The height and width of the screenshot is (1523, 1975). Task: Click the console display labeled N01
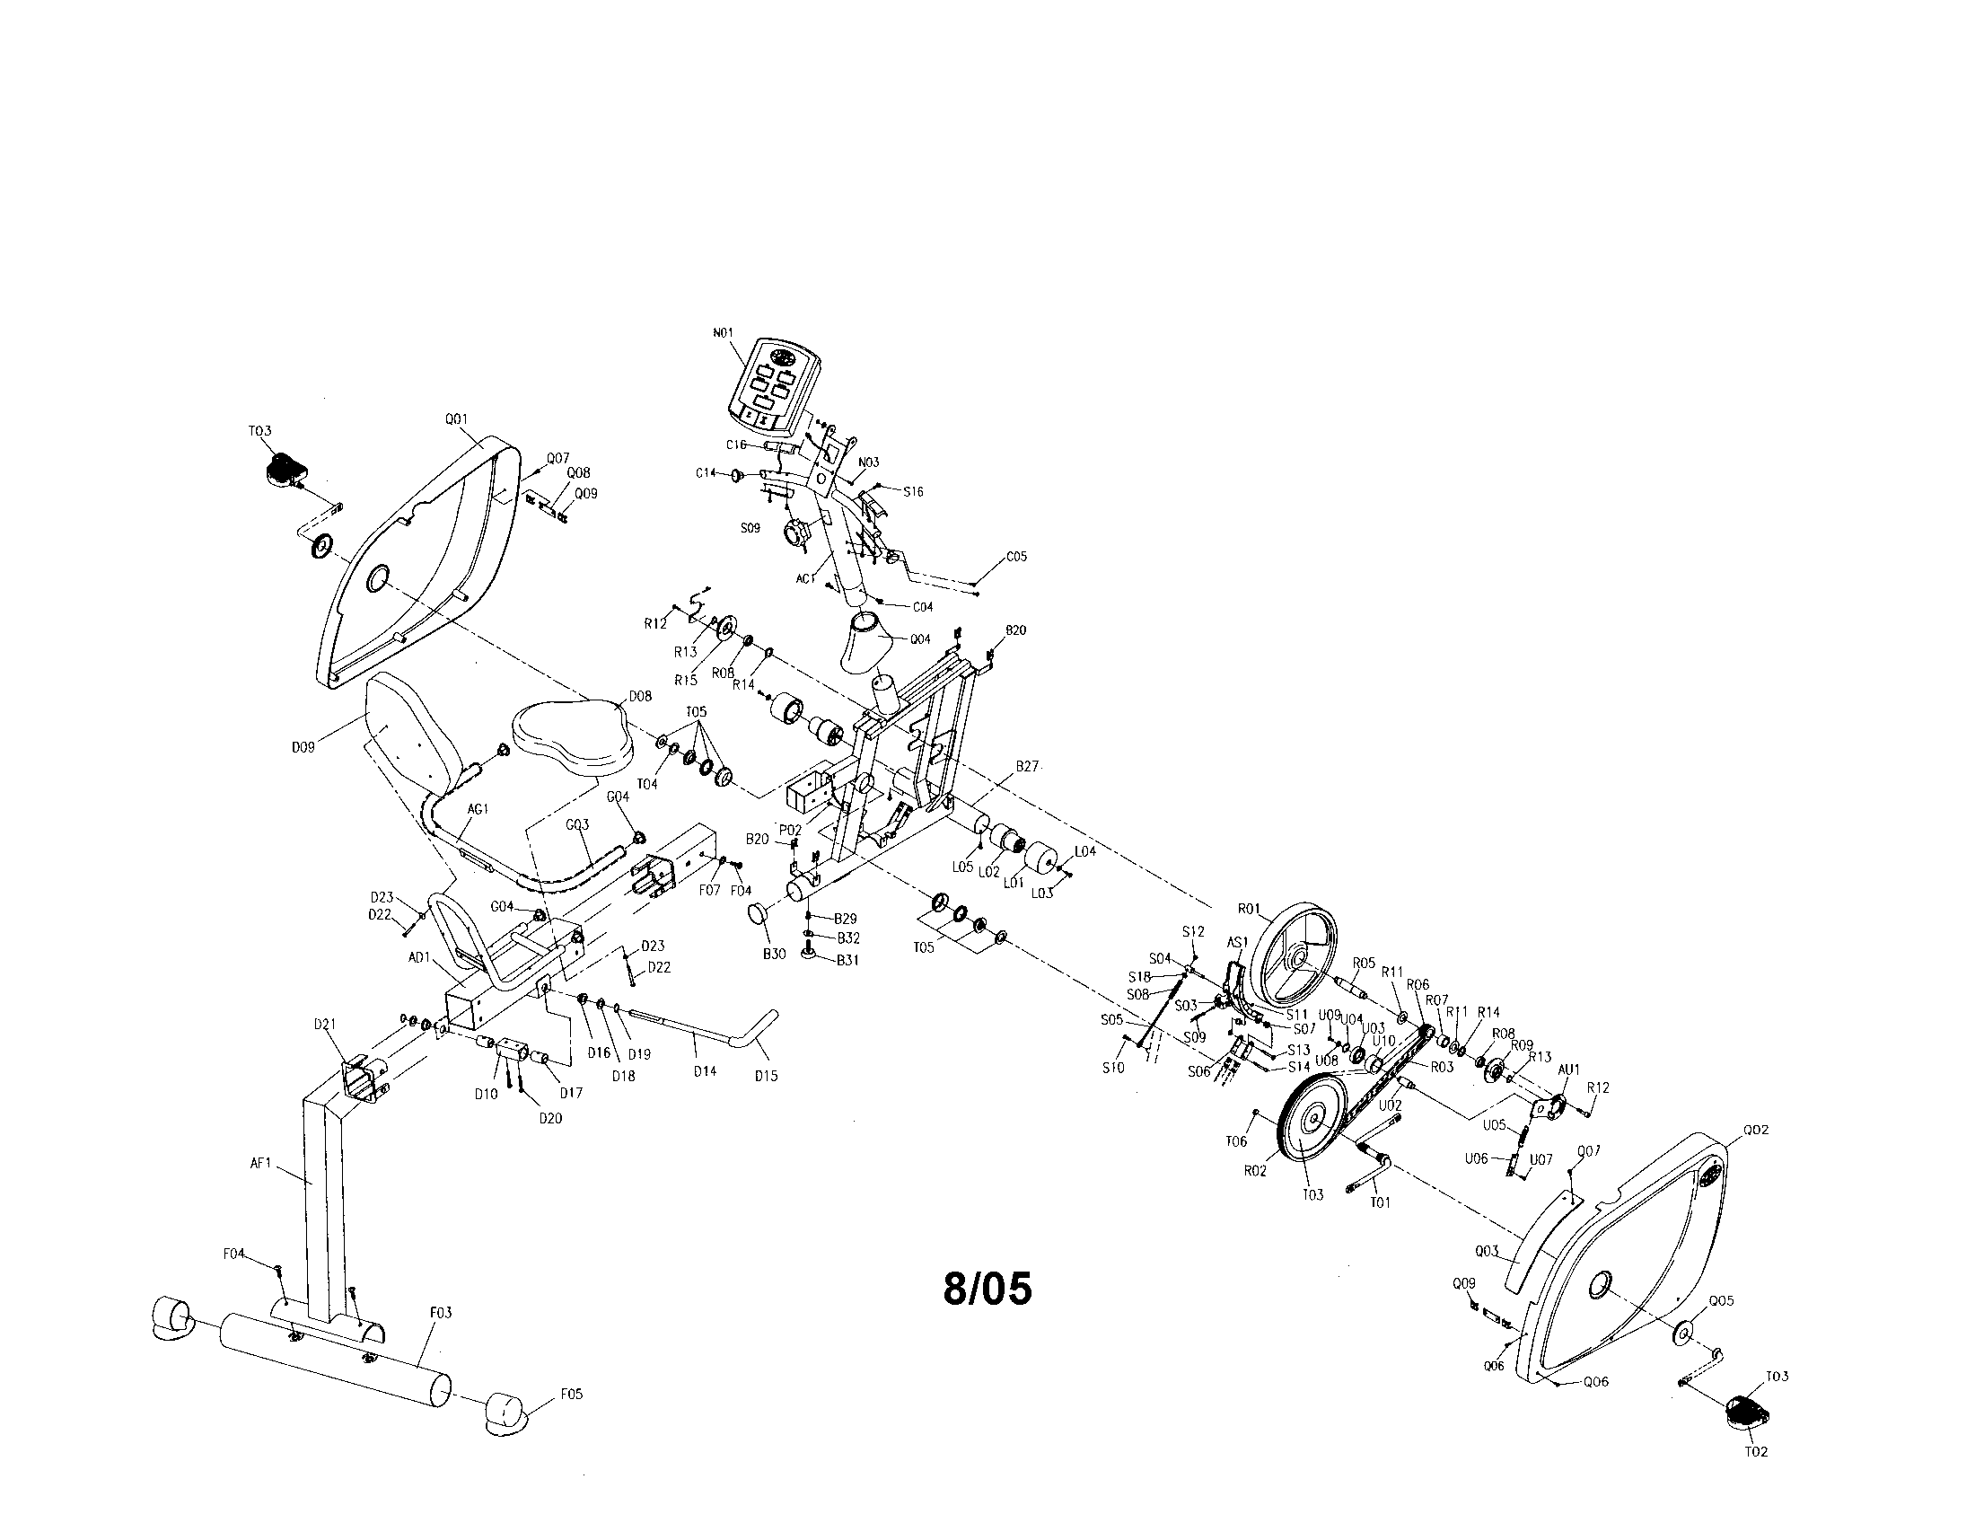tap(774, 384)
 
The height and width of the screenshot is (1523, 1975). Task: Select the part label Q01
tap(456, 418)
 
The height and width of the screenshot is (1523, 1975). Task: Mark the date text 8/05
tap(987, 1289)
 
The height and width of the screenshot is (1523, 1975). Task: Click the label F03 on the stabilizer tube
tap(442, 1311)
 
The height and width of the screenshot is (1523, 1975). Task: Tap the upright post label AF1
tap(260, 1164)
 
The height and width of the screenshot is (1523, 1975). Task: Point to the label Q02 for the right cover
tap(1755, 1130)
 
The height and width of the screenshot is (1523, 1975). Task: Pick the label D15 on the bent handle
tap(765, 1075)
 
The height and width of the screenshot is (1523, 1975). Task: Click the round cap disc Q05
tap(1683, 1334)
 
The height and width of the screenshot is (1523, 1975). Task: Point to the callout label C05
tap(1016, 557)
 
